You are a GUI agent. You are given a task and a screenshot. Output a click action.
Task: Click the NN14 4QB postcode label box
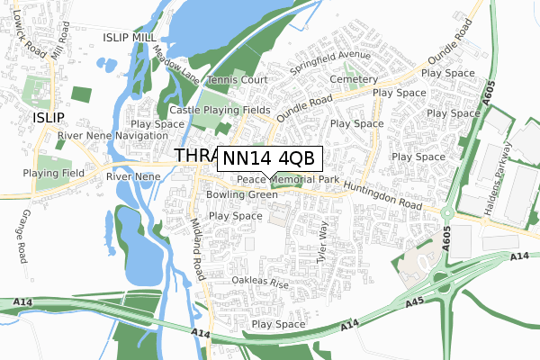pyautogui.click(x=267, y=157)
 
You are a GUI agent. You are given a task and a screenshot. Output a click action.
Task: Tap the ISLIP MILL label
pyautogui.click(x=135, y=37)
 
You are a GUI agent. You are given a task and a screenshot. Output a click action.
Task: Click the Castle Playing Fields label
pyautogui.click(x=220, y=110)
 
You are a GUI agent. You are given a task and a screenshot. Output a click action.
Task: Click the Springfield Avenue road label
pyautogui.click(x=329, y=60)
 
